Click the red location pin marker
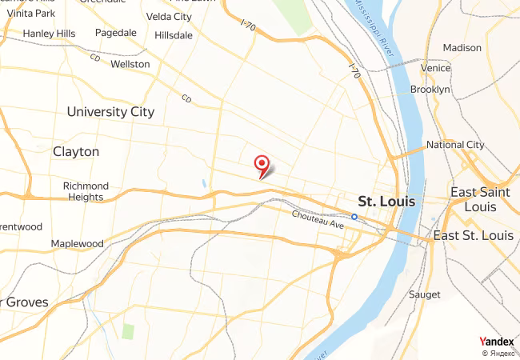click(x=262, y=164)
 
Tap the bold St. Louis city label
click(x=386, y=201)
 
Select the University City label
click(x=110, y=112)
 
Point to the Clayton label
click(x=76, y=151)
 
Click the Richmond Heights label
click(x=86, y=191)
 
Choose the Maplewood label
click(x=78, y=243)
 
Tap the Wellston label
click(x=130, y=64)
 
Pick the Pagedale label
click(x=116, y=34)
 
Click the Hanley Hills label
click(x=49, y=34)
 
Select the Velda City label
click(x=170, y=17)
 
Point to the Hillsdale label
click(x=174, y=36)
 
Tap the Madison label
click(x=462, y=48)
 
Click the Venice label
click(x=436, y=69)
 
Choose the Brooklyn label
click(x=430, y=90)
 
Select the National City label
click(x=455, y=145)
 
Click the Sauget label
click(x=425, y=294)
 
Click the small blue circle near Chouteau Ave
click(x=354, y=215)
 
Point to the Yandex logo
click(x=496, y=342)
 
